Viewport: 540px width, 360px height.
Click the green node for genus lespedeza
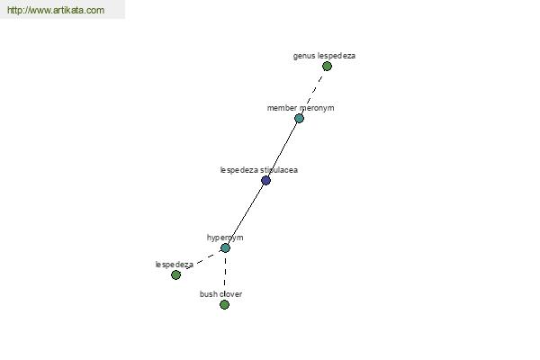point(327,66)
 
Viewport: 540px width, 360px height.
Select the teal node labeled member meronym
point(299,119)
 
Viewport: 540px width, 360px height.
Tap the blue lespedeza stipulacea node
point(265,180)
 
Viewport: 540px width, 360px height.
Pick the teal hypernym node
point(225,247)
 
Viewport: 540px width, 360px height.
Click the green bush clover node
point(224,304)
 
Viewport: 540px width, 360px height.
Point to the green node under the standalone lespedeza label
point(175,274)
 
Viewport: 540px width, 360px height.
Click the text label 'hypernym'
point(225,238)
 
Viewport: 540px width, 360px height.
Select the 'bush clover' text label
point(220,294)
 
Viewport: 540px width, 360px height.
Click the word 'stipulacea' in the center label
point(279,170)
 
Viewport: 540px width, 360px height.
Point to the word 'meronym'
point(317,108)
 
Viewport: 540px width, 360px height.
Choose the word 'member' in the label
point(282,108)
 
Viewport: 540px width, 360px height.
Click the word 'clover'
point(230,294)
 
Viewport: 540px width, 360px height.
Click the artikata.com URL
point(56,10)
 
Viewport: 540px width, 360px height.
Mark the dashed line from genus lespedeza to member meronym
point(313,92)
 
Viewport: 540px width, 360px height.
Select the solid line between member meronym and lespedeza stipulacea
point(283,149)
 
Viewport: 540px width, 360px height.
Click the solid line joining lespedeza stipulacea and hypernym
point(245,214)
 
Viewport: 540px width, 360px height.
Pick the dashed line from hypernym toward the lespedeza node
point(204,259)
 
